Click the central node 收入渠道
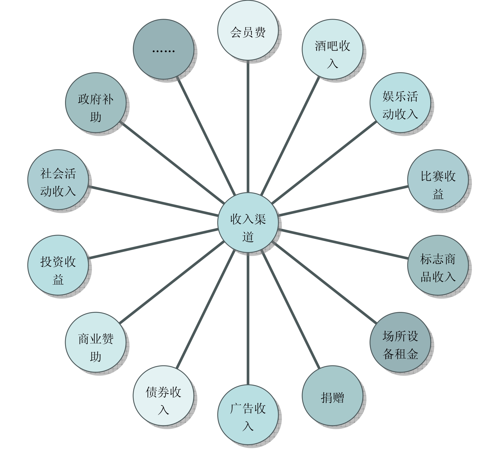click(248, 223)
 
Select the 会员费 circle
click(248, 30)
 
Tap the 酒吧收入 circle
click(332, 49)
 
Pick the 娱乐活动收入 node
click(400, 103)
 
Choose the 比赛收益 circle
click(438, 180)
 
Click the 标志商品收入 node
click(438, 265)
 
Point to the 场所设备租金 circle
click(400, 342)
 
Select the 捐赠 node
click(332, 396)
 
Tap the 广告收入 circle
click(248, 415)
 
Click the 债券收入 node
click(163, 396)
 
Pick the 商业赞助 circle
click(95, 342)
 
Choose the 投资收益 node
click(58, 265)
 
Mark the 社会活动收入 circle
click(58, 180)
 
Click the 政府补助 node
click(95, 103)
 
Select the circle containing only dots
click(163, 49)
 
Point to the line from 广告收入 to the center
click(248, 318)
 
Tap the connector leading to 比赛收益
click(343, 201)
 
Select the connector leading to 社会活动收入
click(152, 201)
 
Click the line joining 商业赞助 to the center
click(172, 282)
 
